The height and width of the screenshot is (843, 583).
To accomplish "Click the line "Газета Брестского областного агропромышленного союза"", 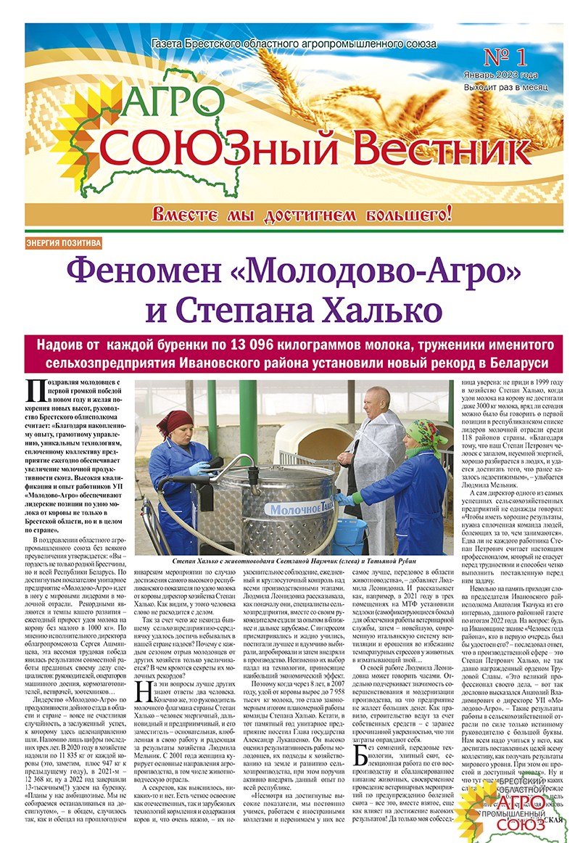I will point(294,45).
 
